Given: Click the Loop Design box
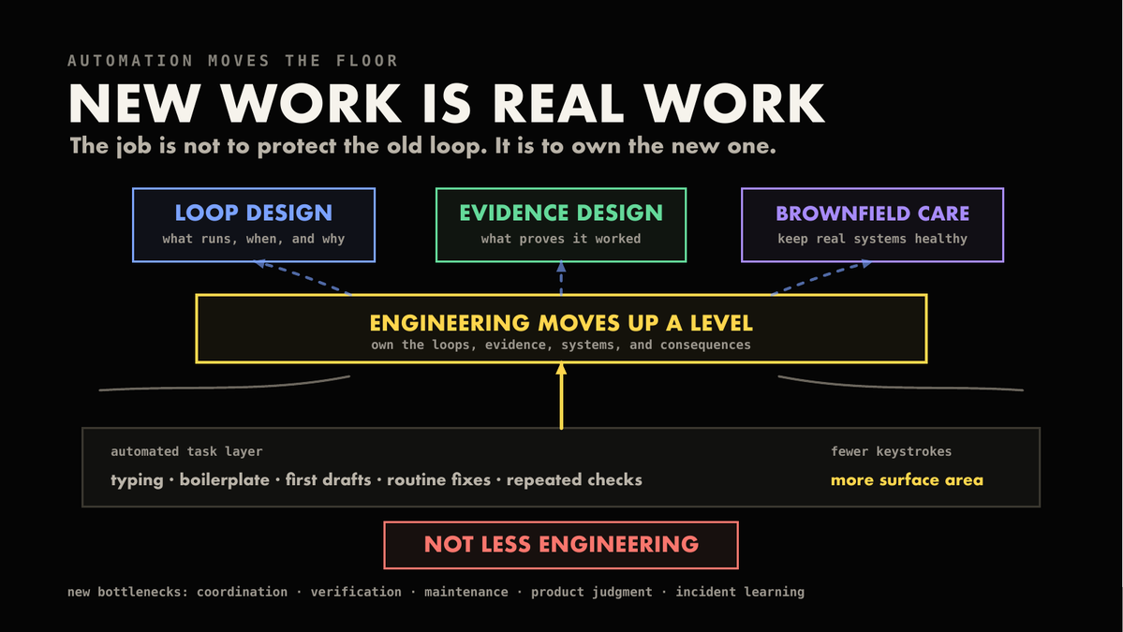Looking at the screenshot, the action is pyautogui.click(x=254, y=225).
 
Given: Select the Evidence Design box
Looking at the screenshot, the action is pyautogui.click(x=561, y=225).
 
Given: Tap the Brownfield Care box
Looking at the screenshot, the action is pyautogui.click(x=872, y=225).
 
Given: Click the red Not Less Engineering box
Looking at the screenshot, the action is pyautogui.click(x=561, y=546).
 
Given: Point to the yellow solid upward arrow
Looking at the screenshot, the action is pyautogui.click(x=561, y=396).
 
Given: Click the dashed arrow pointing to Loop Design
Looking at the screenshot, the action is pyautogui.click(x=303, y=278).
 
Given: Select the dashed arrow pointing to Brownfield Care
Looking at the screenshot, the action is pyautogui.click(x=821, y=278).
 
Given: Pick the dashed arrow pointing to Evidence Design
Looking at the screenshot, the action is pyautogui.click(x=561, y=278).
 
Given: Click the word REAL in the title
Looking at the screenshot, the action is pyautogui.click(x=558, y=105).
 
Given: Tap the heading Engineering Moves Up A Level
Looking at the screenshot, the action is pyautogui.click(x=561, y=324).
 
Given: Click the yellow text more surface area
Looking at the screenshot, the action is pyautogui.click(x=907, y=480).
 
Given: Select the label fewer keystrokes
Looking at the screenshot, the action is pyautogui.click(x=891, y=451).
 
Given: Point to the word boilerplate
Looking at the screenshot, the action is pyautogui.click(x=224, y=480).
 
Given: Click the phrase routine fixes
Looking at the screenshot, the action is pyautogui.click(x=438, y=480).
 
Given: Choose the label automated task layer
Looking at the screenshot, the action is pyautogui.click(x=186, y=451).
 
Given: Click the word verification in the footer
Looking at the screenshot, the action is pyautogui.click(x=356, y=592).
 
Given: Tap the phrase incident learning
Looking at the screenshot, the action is pyautogui.click(x=740, y=592).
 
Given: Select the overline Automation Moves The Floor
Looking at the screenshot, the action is pyautogui.click(x=233, y=61).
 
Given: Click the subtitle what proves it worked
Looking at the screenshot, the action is pyautogui.click(x=561, y=239).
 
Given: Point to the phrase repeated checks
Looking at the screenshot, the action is pyautogui.click(x=574, y=480).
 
